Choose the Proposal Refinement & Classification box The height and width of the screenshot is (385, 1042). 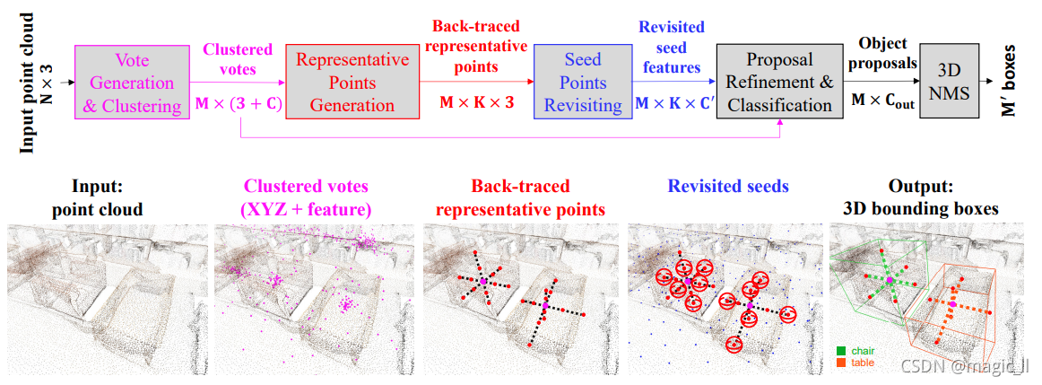coord(779,83)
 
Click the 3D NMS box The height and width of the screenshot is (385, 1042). coord(950,83)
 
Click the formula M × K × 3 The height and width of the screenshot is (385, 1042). coord(476,102)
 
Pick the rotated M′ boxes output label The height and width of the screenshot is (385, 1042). coord(1012,83)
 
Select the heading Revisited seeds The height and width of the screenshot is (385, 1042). coord(728,186)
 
